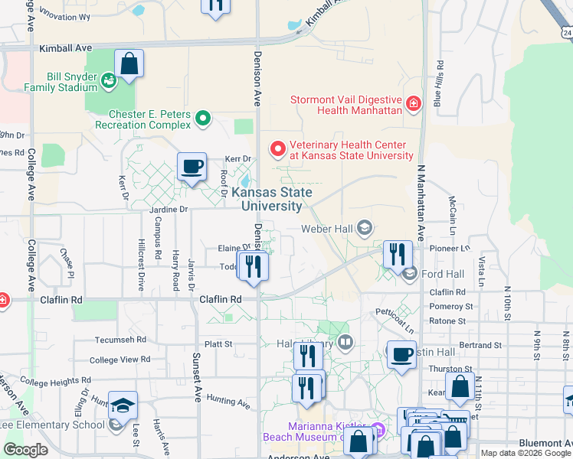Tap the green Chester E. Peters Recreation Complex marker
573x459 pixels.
point(203,119)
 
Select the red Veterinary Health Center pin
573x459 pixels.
point(277,148)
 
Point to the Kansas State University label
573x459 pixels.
point(271,200)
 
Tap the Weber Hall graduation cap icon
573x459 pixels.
point(365,227)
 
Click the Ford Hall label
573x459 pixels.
point(443,273)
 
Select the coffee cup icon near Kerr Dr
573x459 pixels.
point(192,166)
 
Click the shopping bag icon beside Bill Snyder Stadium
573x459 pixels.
point(129,63)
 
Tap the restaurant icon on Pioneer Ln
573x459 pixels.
point(397,254)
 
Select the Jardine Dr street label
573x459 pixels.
point(163,208)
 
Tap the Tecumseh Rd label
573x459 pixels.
point(120,339)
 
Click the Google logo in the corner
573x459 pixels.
point(26,450)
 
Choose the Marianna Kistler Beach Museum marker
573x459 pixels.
point(376,430)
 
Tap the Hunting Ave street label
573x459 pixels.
point(228,401)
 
